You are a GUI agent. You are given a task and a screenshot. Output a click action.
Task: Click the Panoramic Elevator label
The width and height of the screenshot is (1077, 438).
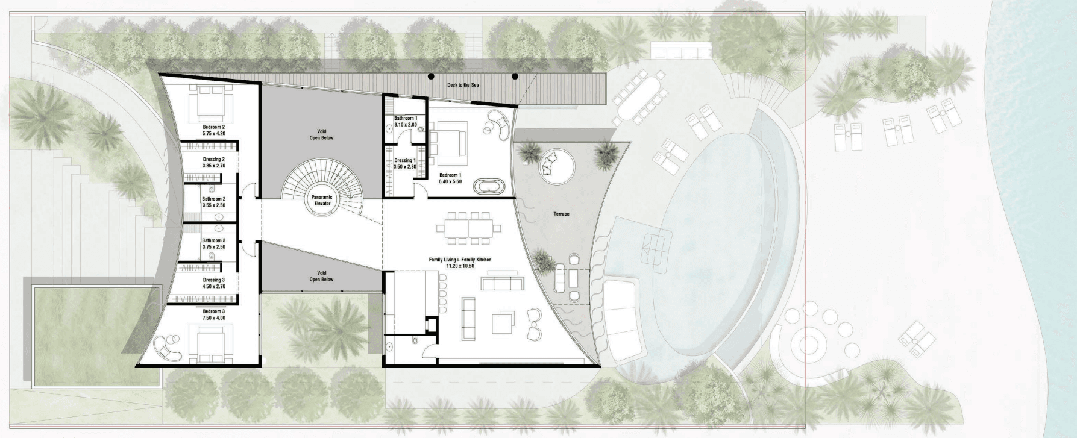coord(322,200)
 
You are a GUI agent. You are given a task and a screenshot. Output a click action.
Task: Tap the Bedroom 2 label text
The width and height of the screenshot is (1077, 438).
coord(213,127)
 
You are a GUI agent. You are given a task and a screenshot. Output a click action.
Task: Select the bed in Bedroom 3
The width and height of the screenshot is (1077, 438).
coord(210,342)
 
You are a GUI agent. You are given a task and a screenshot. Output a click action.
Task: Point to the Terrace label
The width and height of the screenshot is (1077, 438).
coord(560,214)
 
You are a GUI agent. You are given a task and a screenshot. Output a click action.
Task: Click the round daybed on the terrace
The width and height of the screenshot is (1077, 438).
coord(554,165)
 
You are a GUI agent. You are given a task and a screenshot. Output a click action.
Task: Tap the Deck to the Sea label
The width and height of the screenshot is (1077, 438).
coord(463,85)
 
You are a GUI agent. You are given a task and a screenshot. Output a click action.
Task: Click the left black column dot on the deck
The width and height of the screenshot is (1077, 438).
coord(431,76)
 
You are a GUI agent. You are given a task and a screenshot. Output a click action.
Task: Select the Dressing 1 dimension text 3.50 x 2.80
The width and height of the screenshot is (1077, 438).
coord(405,166)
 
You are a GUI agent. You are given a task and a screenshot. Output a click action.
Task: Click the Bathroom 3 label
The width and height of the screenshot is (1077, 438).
coord(213,240)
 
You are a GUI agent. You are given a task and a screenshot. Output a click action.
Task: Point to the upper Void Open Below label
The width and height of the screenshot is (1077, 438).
coord(321,134)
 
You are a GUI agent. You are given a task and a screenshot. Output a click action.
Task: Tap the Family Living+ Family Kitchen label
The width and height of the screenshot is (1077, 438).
coord(460,260)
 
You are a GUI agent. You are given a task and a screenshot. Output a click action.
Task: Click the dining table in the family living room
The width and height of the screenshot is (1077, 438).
coord(469,228)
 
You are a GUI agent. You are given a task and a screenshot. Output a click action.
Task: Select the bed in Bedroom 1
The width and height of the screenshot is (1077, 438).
coord(447,140)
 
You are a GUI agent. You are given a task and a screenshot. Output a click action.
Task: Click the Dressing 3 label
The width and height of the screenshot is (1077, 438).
coord(213,280)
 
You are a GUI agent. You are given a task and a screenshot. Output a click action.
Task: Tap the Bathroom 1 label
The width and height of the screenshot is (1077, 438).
coord(405,118)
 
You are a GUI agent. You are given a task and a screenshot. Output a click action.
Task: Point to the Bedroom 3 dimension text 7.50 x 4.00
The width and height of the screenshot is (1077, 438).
coord(213,318)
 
